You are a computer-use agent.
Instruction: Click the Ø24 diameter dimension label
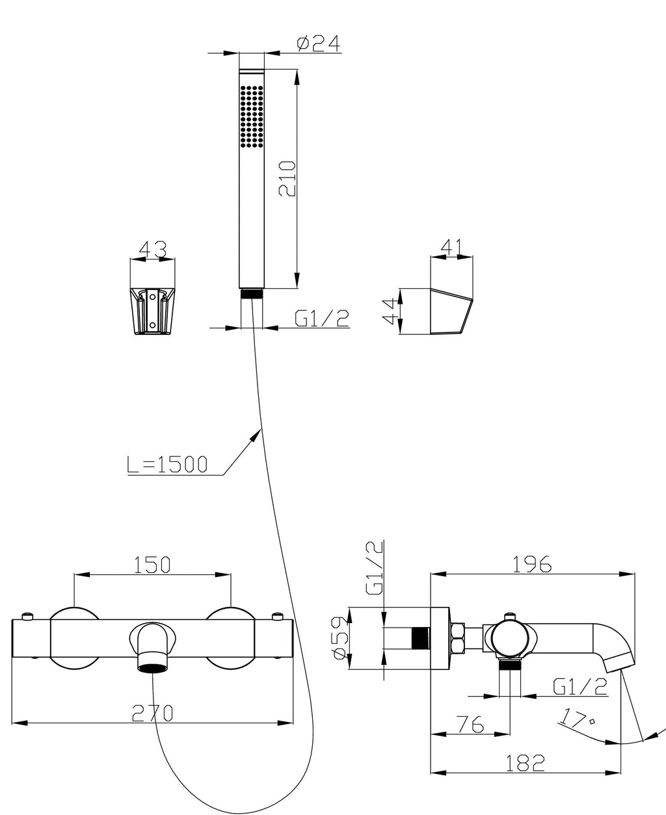coord(319,44)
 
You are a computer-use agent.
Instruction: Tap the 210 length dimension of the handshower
coord(288,178)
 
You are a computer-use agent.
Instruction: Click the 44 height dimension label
coord(390,311)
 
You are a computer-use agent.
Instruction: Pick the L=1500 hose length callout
coord(167,464)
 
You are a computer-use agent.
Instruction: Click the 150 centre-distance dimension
coord(152,565)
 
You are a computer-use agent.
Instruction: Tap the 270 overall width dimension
coord(152,713)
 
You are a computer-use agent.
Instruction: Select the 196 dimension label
coord(532,565)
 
